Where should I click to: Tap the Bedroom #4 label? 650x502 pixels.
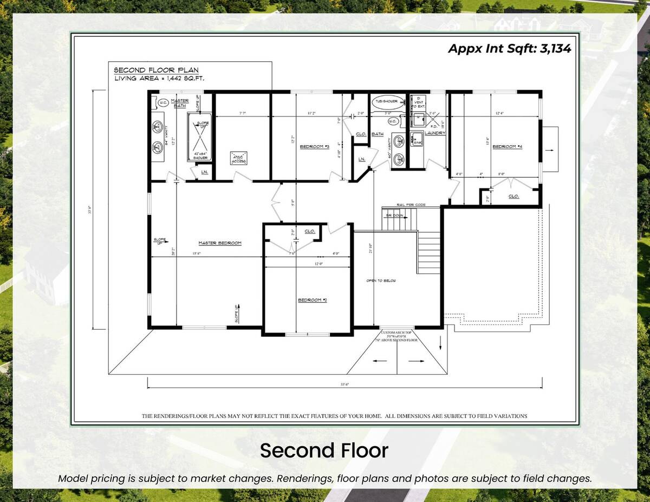pos(506,146)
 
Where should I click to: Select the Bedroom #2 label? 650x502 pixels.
pos(313,300)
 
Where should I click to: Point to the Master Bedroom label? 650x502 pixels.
pos(219,243)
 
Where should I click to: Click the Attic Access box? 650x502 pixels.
pos(239,158)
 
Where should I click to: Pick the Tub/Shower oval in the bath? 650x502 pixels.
pos(385,101)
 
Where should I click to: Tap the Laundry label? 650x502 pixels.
pos(435,133)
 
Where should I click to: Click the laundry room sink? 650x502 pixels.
pos(416,139)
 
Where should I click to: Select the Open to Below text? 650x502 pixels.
pos(382,281)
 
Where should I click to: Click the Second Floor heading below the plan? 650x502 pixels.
pos(324,451)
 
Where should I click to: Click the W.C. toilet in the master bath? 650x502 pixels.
pos(162,102)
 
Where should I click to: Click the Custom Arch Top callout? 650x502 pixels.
pos(398,333)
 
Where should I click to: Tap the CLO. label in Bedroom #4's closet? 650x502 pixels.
pos(513,197)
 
